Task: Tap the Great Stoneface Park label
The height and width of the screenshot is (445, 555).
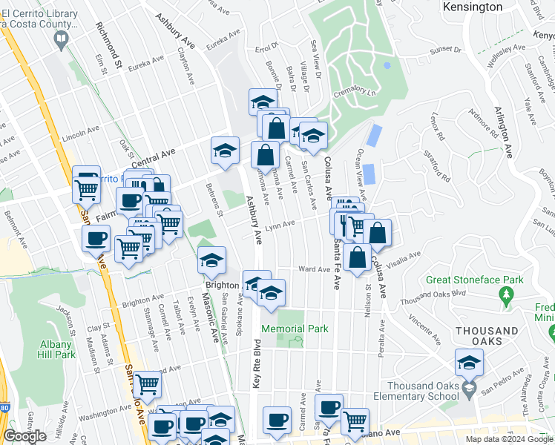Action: coord(475,280)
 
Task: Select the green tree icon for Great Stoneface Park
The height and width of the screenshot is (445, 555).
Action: coord(508,297)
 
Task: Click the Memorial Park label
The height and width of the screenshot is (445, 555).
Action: coord(295,329)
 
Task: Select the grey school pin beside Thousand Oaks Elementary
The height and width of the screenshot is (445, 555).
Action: coord(469,389)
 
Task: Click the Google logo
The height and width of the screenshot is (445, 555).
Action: coord(24,436)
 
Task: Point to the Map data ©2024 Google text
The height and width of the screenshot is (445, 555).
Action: coord(508,439)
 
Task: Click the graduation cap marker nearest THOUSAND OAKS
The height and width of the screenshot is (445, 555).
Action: coord(469,364)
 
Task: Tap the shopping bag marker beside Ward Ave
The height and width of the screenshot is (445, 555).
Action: coord(358,257)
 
